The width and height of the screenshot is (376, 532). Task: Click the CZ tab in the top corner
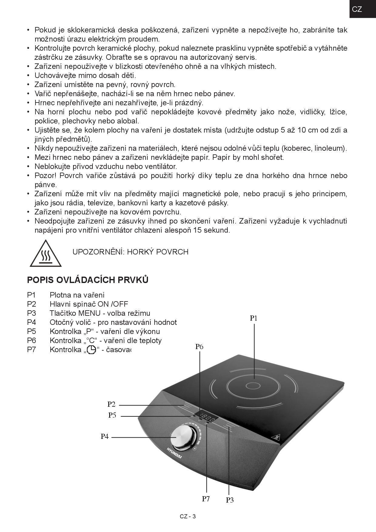tap(362, 9)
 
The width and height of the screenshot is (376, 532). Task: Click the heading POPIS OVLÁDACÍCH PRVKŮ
tap(88, 280)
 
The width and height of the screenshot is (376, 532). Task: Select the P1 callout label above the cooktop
tap(253, 318)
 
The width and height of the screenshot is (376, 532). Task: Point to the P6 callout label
tap(199, 347)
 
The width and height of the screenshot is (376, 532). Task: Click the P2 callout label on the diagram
tap(111, 404)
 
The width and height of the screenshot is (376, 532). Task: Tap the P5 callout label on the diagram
tap(112, 415)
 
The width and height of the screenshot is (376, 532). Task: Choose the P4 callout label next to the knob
tap(105, 436)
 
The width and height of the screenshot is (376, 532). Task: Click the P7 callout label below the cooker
tap(206, 499)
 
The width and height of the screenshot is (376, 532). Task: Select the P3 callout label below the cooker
tap(230, 500)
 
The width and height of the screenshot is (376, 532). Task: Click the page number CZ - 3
tap(188, 517)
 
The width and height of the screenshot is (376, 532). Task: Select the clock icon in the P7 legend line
tap(91, 350)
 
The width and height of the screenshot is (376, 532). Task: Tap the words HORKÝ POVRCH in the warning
tap(158, 252)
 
